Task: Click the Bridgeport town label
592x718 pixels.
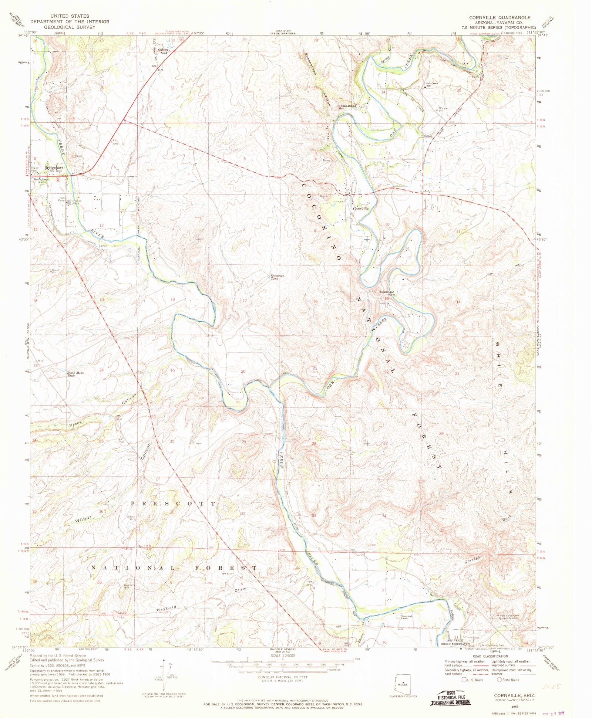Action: pyautogui.click(x=54, y=167)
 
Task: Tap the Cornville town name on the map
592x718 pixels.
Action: pyautogui.click(x=360, y=209)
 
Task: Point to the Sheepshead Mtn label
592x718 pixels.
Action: pyautogui.click(x=347, y=107)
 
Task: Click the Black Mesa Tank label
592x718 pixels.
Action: pyautogui.click(x=75, y=374)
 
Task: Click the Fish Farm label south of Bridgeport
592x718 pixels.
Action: pyautogui.click(x=62, y=200)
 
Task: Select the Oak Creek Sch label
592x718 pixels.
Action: pyautogui.click(x=432, y=84)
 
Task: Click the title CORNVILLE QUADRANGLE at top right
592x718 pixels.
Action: pyautogui.click(x=499, y=17)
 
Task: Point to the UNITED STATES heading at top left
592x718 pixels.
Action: pyautogui.click(x=70, y=16)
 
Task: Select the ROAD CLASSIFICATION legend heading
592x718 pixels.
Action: pyautogui.click(x=490, y=656)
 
